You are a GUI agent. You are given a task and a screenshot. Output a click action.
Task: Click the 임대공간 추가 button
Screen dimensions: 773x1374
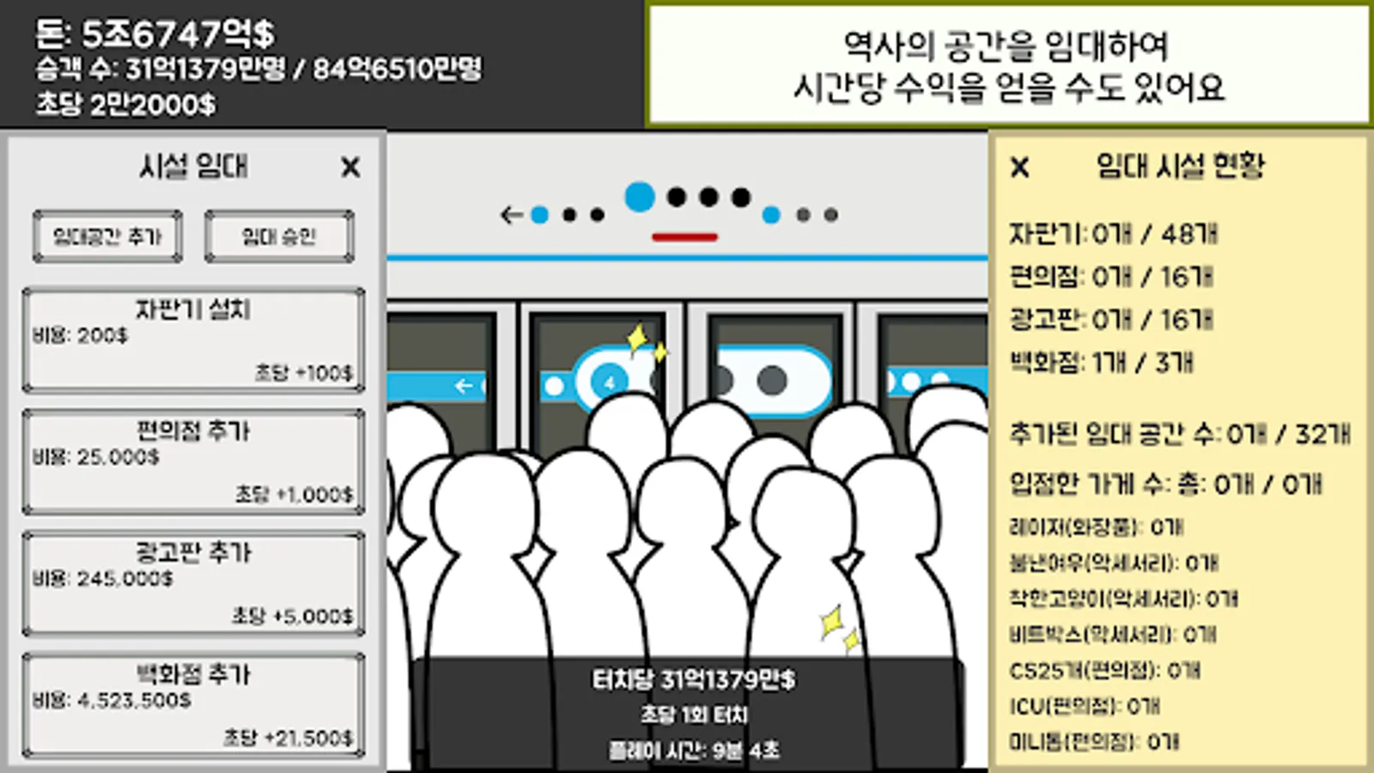click(x=107, y=236)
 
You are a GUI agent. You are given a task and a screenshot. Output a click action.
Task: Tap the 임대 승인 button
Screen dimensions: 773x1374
click(x=279, y=236)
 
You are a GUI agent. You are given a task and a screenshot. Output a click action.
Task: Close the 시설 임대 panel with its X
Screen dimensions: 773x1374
click(x=350, y=167)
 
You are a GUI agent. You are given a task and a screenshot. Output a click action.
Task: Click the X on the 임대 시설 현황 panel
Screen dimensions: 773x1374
click(x=1019, y=167)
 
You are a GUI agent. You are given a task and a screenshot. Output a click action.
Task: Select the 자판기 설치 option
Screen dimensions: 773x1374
click(x=193, y=340)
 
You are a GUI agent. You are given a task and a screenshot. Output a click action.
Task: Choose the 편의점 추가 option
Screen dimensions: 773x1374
click(x=193, y=462)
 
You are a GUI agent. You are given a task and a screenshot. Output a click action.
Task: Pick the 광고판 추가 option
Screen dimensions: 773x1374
click(x=193, y=584)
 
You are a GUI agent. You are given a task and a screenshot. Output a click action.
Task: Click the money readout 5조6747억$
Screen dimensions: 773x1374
click(x=155, y=34)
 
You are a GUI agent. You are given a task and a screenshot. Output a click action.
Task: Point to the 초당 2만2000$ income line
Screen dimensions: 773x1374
click(x=125, y=104)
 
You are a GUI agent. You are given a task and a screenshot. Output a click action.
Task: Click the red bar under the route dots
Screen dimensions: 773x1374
click(x=684, y=237)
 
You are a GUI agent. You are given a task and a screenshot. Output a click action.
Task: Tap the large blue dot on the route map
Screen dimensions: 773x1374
click(x=639, y=197)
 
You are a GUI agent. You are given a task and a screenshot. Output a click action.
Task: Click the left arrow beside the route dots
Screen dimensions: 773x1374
click(x=511, y=215)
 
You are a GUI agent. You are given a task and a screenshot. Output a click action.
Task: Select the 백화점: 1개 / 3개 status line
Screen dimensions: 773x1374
click(x=1102, y=362)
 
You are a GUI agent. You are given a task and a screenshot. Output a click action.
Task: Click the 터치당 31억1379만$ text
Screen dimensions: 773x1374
click(x=694, y=680)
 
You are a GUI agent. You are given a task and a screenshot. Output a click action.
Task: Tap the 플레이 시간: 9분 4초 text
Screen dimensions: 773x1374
click(x=694, y=751)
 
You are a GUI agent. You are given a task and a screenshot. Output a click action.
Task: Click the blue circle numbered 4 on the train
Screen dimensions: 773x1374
click(x=609, y=383)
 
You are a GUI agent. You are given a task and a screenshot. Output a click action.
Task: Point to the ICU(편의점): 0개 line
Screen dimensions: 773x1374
click(x=1085, y=706)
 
